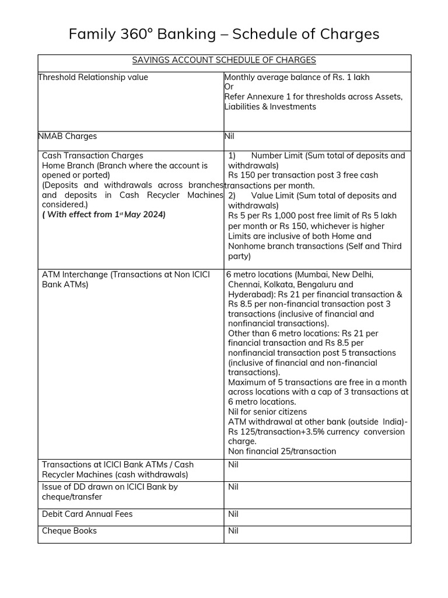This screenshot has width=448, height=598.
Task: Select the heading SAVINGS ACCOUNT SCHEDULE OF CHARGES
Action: tap(224, 60)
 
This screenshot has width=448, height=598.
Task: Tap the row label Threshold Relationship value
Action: tap(93, 77)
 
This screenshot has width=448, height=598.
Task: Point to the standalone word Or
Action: tap(229, 87)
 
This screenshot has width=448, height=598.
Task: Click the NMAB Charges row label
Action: tap(68, 136)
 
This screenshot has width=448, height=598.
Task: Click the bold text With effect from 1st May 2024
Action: tap(104, 214)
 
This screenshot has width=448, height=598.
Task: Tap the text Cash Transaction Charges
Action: tap(92, 155)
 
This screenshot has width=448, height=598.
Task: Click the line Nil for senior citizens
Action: tap(267, 412)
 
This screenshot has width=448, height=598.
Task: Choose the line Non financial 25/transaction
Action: tap(282, 451)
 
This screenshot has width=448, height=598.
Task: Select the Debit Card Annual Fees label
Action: tap(87, 514)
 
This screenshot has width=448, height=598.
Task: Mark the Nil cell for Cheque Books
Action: tap(233, 531)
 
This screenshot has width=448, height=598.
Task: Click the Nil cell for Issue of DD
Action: tap(233, 486)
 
